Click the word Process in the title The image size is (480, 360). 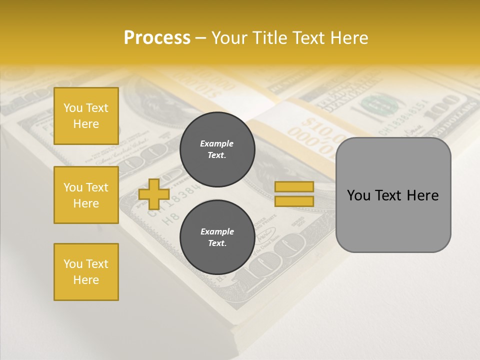(x=157, y=38)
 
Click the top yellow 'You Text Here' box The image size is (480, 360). (x=86, y=116)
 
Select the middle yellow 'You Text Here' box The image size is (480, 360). (x=86, y=195)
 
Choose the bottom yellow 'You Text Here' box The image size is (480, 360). (x=86, y=272)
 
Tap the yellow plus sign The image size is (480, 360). (x=154, y=194)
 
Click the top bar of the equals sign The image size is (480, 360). (x=294, y=187)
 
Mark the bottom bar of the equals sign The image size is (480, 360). (x=294, y=201)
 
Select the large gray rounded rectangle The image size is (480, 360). (x=393, y=220)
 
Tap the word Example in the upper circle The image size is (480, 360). (x=216, y=143)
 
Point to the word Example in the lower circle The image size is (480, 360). (x=217, y=231)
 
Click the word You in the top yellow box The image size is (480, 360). (x=73, y=108)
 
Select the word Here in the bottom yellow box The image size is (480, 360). (x=86, y=280)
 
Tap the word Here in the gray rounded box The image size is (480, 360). (x=422, y=195)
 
